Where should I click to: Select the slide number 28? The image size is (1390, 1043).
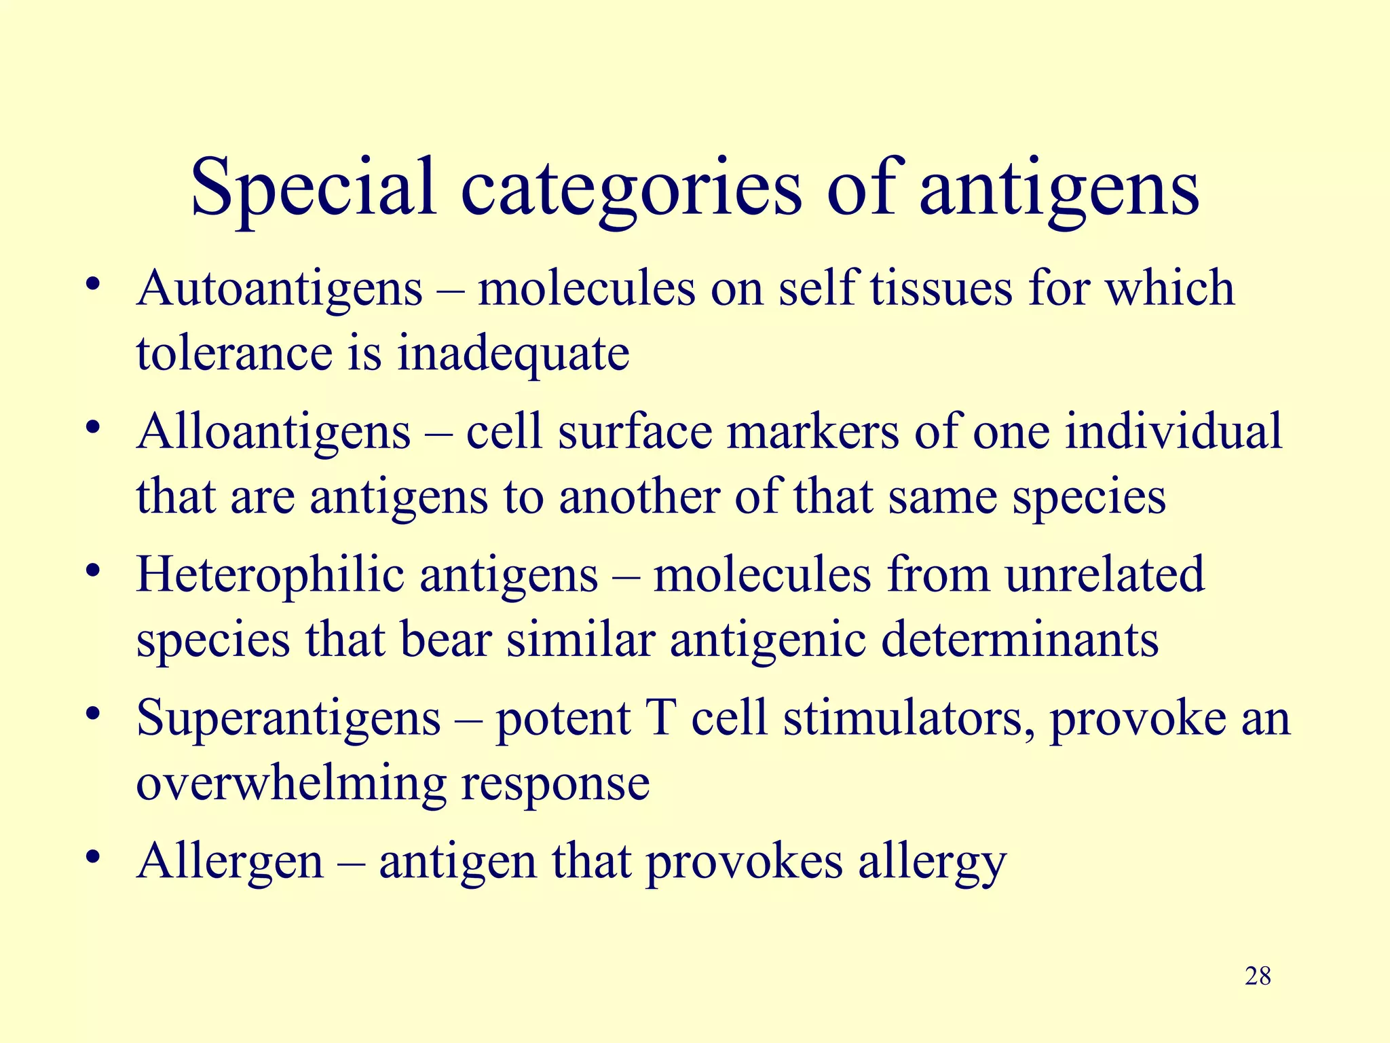pos(1258,976)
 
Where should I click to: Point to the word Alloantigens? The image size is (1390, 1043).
pos(274,432)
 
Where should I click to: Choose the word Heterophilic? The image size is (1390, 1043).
pos(270,575)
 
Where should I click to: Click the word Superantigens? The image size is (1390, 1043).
pos(288,718)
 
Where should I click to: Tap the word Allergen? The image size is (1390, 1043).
pos(230,862)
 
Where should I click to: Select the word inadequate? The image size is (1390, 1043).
pos(513,354)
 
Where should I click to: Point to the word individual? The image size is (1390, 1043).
pos(1173,432)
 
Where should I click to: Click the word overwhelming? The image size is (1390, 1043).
pos(291,784)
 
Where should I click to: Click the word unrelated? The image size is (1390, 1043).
pos(1104,575)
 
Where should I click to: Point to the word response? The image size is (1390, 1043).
pos(555,785)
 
